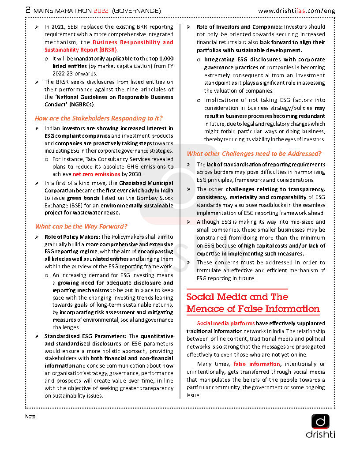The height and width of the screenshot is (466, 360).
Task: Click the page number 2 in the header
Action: pos(28,10)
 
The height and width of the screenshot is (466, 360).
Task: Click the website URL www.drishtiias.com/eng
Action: pos(296,10)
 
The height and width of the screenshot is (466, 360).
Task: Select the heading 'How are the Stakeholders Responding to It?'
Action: pos(99,118)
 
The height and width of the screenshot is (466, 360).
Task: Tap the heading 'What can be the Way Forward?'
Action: pos(81,226)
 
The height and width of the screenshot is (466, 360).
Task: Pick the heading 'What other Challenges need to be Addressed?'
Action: pos(254,154)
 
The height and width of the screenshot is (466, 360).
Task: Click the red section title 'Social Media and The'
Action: pos(237,297)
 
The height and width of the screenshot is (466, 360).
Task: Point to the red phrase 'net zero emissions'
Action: pos(97,174)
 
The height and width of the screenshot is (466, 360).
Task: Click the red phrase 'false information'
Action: pos(256,364)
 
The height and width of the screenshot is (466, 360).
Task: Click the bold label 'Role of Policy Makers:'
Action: pos(72,237)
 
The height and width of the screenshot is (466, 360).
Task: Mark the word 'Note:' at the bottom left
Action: pos(31,416)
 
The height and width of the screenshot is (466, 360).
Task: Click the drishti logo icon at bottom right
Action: pos(320,421)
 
